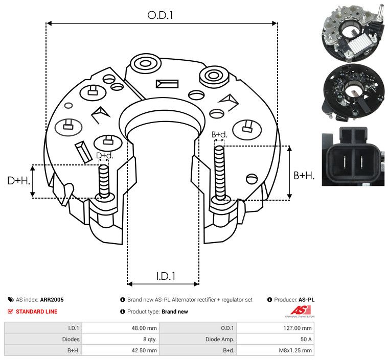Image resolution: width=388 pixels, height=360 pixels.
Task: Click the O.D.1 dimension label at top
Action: click(x=161, y=15)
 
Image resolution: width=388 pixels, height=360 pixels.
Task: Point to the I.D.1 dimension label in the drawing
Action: click(x=166, y=276)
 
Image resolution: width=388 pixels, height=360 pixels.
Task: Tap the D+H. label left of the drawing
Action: click(x=19, y=181)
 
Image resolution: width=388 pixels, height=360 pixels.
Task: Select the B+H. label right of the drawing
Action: click(x=304, y=175)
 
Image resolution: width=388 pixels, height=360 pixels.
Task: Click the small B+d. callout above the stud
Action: click(x=219, y=135)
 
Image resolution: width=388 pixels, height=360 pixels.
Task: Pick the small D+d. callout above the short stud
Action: click(x=104, y=155)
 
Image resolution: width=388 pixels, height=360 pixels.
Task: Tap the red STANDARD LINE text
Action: click(x=36, y=311)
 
